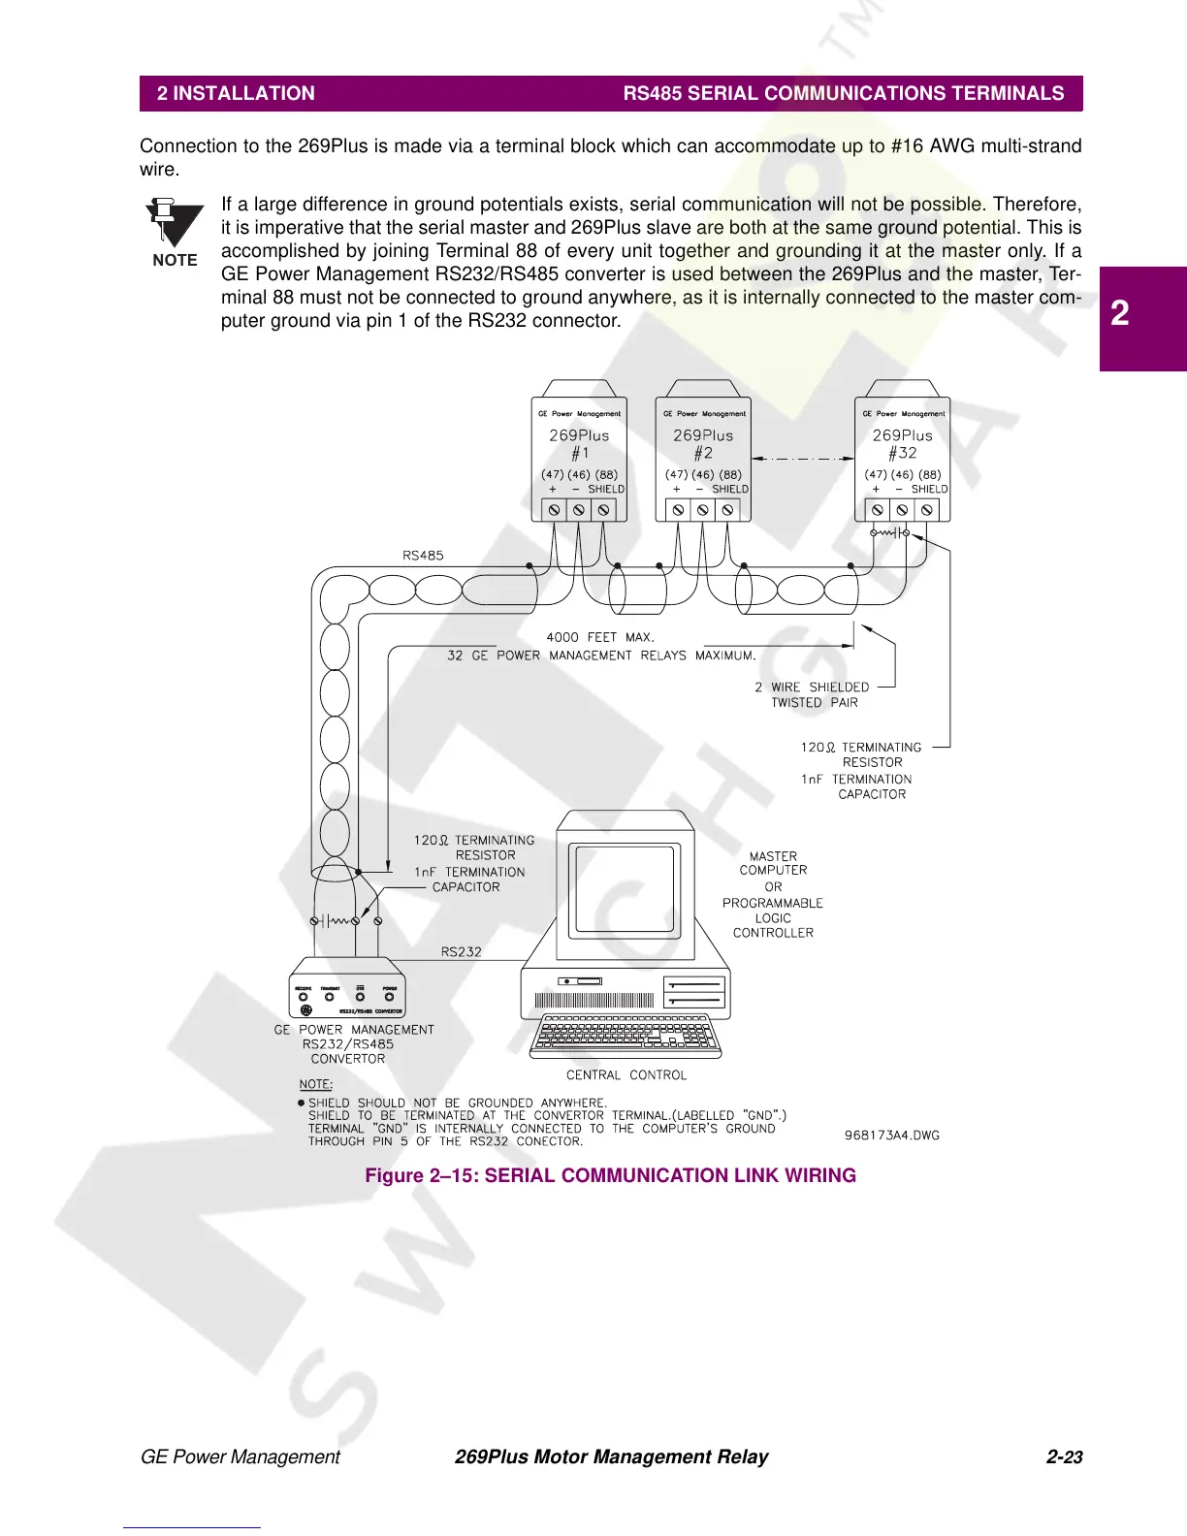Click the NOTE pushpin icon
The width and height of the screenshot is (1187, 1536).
click(x=174, y=225)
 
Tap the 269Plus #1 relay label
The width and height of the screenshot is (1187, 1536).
click(x=579, y=444)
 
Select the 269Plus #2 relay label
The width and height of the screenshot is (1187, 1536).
click(x=703, y=444)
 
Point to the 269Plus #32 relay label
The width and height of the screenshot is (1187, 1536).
click(x=902, y=444)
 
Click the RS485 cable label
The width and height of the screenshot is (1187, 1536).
click(x=423, y=556)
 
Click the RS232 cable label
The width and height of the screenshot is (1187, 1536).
click(x=461, y=951)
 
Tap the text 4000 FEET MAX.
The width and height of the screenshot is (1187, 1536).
click(x=600, y=637)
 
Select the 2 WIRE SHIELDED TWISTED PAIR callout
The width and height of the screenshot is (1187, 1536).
click(x=813, y=694)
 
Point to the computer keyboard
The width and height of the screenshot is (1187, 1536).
click(x=626, y=1035)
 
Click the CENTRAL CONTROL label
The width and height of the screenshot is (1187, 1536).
click(x=626, y=1074)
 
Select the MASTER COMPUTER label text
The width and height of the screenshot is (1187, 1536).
click(x=773, y=863)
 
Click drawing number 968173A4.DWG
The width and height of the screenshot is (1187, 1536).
click(x=891, y=1135)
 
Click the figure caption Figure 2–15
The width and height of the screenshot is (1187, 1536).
click(x=610, y=1175)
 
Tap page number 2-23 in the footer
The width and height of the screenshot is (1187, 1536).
click(x=1064, y=1456)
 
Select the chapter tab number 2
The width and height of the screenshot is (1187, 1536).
click(x=1120, y=312)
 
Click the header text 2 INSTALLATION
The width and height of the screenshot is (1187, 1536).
click(x=236, y=93)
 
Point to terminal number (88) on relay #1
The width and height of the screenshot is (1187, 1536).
click(x=606, y=474)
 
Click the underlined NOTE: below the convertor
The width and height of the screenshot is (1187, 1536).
click(x=315, y=1084)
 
